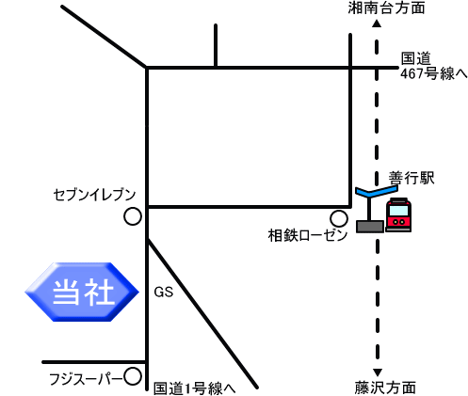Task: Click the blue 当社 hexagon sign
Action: [82, 292]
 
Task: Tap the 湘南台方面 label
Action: [386, 8]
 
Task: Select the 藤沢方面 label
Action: [385, 388]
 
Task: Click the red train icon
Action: [398, 215]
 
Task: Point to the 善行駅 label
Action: [412, 178]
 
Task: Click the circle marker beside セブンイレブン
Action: [133, 216]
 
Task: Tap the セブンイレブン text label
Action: [94, 195]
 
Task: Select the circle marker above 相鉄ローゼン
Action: [339, 218]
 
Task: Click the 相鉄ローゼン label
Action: [308, 235]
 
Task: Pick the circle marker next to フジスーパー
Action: [133, 376]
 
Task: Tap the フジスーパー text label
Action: [86, 379]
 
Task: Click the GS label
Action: [164, 293]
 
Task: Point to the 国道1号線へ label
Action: [194, 388]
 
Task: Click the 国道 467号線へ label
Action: [434, 66]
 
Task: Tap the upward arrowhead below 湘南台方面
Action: [377, 24]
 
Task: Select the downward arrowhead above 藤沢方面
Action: [378, 372]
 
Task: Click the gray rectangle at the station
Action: [370, 227]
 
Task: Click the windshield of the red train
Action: [398, 211]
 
